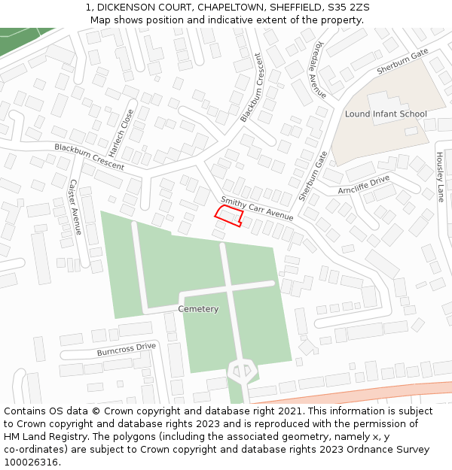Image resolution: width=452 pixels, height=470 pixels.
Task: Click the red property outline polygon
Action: pos(229,215)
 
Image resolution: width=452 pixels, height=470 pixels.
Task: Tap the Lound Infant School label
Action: pos(386,114)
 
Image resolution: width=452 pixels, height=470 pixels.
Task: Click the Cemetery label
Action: pos(198,309)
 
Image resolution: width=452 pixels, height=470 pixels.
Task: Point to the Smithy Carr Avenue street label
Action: pos(256,208)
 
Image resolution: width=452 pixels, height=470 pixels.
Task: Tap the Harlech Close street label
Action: pos(126,129)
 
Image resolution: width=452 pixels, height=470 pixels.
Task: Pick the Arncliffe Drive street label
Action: pos(364,185)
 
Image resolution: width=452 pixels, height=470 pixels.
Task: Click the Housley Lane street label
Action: pos(440,177)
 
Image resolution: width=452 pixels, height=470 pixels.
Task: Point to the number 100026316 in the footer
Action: pos(30,462)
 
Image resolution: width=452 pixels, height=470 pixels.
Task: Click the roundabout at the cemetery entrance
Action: pos(243,369)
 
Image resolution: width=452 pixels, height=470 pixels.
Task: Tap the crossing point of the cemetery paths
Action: pos(228,289)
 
